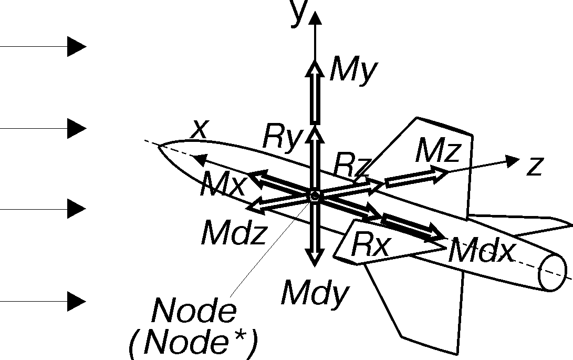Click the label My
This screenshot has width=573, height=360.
pos(353,70)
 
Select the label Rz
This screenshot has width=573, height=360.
pos(352,165)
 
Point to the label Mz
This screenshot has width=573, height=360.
pos(438,150)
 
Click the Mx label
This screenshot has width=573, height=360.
pos(223,183)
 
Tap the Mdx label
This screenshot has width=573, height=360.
pos(481,250)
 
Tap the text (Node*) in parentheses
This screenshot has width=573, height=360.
pos(193,343)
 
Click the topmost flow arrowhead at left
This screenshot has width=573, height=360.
pos(77,46)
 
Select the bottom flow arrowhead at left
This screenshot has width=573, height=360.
pos(77,302)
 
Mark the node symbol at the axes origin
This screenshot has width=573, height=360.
pos(315,197)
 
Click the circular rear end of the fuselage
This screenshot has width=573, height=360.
pos(553,273)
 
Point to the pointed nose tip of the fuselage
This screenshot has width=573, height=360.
pos(159,146)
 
